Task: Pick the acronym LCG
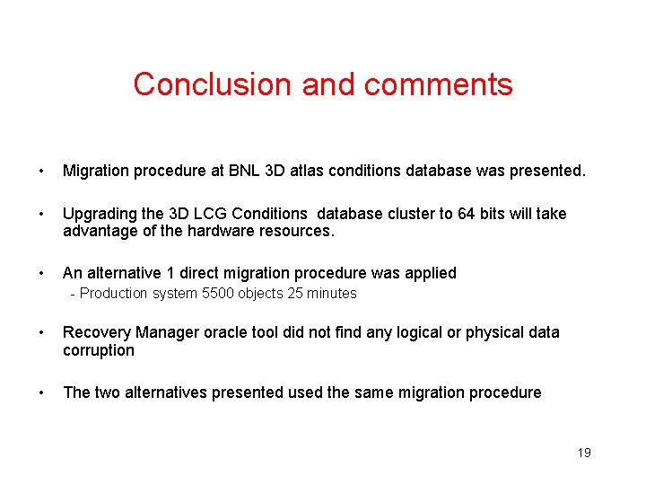(212, 214)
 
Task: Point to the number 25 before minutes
(295, 294)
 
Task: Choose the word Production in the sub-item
(114, 294)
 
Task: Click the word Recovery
(96, 332)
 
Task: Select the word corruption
(99, 350)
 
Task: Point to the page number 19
(583, 453)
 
